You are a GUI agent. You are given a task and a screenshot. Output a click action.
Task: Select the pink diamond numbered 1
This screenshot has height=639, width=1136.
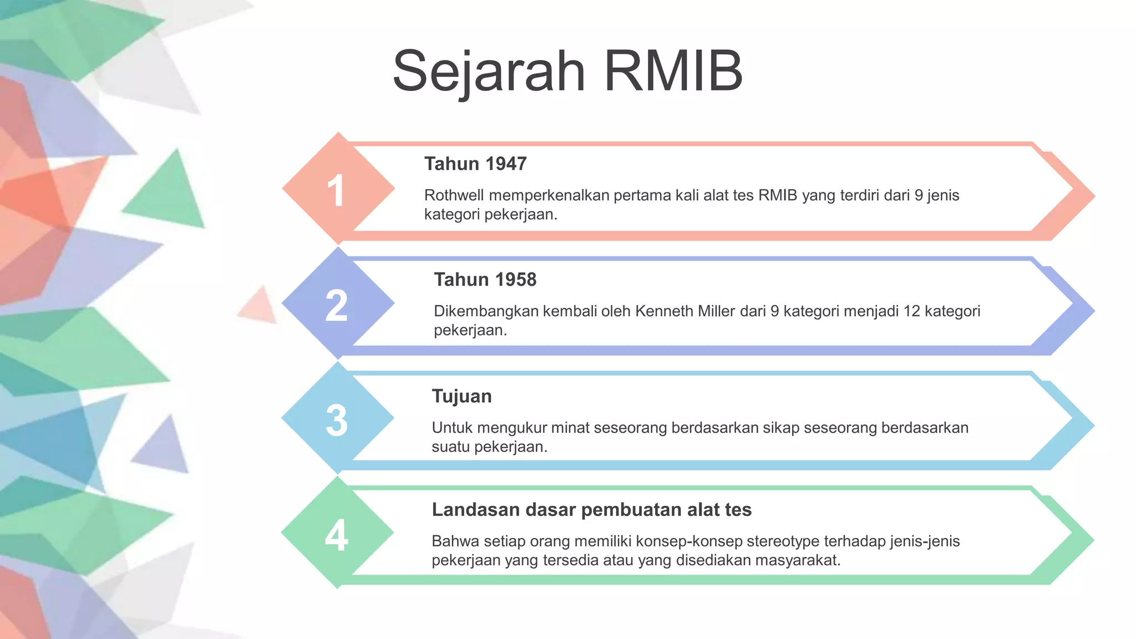pos(338,189)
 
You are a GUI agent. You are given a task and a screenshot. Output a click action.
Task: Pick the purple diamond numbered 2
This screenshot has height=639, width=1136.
pos(338,304)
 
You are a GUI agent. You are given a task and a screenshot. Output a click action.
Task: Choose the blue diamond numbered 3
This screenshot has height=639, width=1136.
pos(338,419)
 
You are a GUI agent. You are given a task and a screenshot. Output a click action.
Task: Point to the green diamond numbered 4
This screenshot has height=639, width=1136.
pos(338,534)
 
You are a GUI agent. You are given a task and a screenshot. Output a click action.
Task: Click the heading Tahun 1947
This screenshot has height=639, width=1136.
pos(475,164)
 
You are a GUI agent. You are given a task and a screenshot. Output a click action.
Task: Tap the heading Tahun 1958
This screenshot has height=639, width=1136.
pos(485,280)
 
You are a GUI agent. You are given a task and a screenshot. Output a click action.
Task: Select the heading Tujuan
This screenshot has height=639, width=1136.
pos(461,396)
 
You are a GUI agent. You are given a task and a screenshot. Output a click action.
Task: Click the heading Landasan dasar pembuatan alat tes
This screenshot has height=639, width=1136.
pos(591,509)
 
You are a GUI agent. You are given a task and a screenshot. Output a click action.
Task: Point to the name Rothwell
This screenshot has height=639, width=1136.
pos(454,195)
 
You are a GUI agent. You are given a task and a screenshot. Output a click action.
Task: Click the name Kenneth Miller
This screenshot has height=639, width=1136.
pos(685,311)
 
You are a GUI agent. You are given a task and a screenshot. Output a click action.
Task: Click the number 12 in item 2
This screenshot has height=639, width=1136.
pos(911,311)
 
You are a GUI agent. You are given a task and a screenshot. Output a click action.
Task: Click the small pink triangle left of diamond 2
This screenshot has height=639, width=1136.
pos(260,306)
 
